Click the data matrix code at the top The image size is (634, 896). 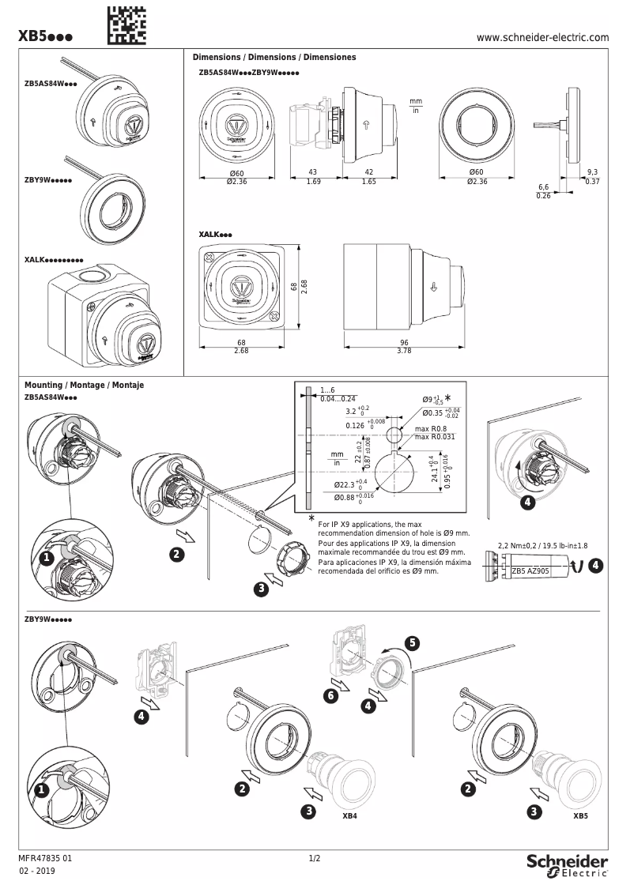click(x=126, y=24)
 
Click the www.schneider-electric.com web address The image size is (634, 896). click(x=543, y=37)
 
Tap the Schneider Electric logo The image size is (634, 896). click(x=567, y=864)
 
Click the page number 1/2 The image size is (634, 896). click(x=314, y=858)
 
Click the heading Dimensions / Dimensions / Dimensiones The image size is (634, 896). click(x=274, y=58)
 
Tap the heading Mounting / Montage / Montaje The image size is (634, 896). click(x=85, y=386)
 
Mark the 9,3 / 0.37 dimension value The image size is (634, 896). click(x=593, y=176)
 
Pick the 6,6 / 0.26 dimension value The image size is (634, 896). click(x=543, y=191)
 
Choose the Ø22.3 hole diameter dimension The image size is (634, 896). click(x=351, y=484)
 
